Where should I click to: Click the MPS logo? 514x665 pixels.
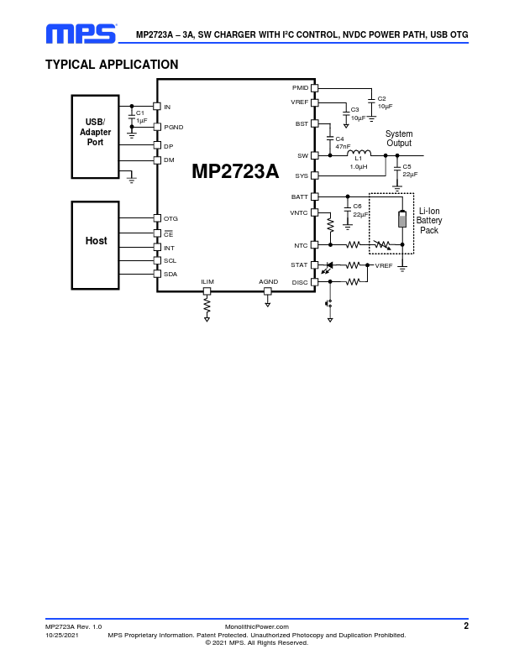coord(81,34)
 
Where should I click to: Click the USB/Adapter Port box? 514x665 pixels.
coord(96,137)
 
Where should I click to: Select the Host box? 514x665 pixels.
coord(96,245)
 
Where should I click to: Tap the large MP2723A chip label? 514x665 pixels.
coord(235,171)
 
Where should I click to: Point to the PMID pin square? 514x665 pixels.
coord(315,88)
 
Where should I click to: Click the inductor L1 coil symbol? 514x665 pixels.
coord(359,153)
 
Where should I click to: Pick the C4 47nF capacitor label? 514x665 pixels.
coord(343,143)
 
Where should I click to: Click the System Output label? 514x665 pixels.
coord(399,139)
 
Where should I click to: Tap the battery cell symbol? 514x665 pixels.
coord(402,218)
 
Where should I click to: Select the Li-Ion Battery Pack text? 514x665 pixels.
coord(429,221)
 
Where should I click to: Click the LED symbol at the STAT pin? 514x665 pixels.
coord(328,267)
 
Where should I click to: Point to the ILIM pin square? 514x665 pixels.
coord(207,291)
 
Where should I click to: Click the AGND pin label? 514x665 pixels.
coord(269,281)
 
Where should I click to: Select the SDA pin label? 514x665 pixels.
coord(170,275)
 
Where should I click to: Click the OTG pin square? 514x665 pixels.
coord(157,218)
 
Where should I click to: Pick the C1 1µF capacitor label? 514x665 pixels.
coord(141,117)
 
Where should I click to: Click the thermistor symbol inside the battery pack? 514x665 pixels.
coord(382,244)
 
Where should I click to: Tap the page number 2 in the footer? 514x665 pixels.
coord(466,626)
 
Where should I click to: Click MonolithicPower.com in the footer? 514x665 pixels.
coord(257,627)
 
